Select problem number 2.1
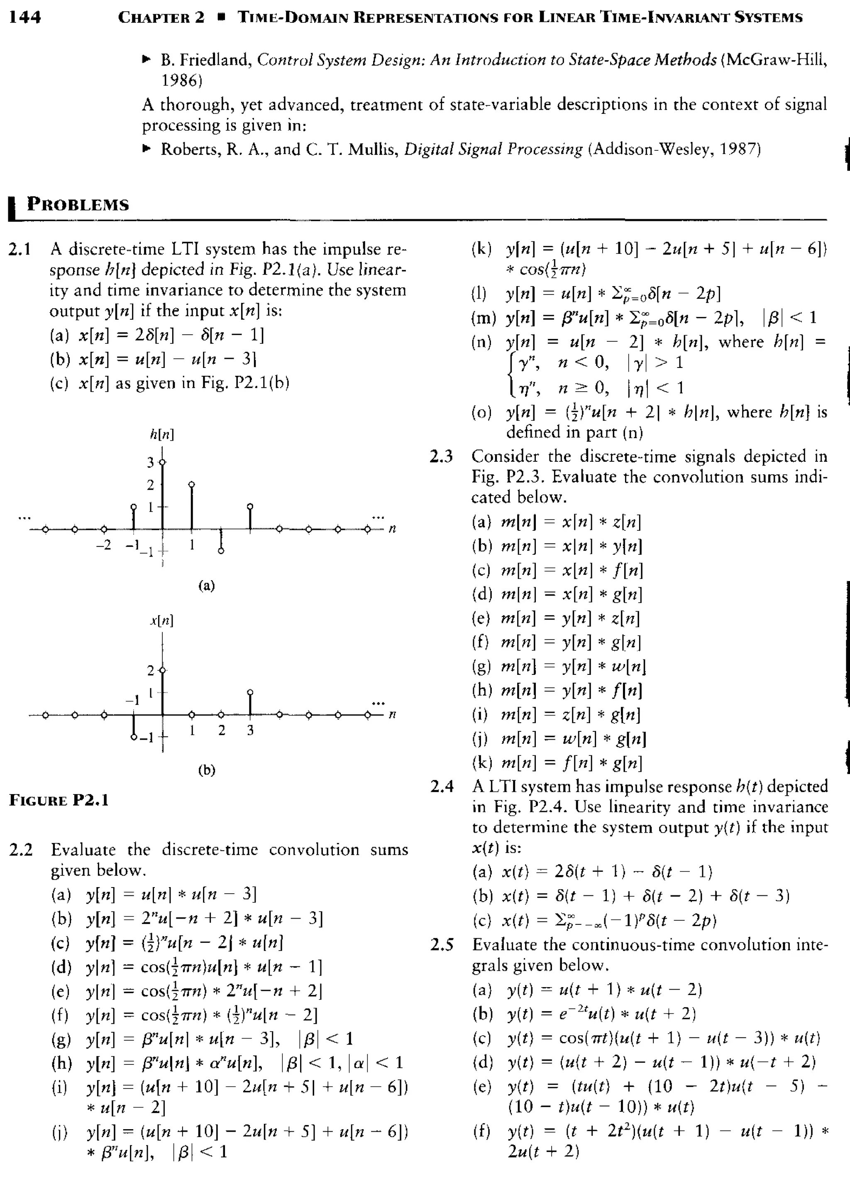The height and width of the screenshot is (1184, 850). pyautogui.click(x=20, y=249)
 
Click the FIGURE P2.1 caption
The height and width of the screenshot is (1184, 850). pyautogui.click(x=59, y=800)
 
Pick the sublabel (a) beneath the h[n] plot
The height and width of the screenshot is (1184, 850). pyautogui.click(x=207, y=585)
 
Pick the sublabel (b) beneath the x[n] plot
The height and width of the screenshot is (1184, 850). pyautogui.click(x=207, y=770)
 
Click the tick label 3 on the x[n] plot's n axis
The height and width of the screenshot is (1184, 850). pyautogui.click(x=250, y=731)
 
